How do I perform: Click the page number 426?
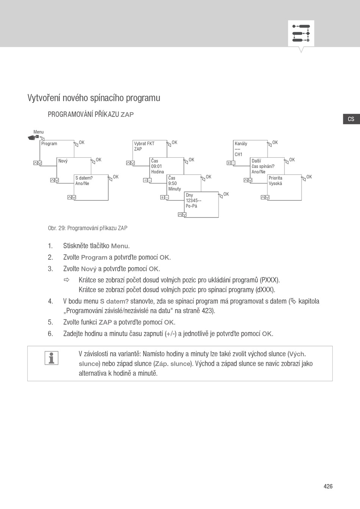(x=328, y=486)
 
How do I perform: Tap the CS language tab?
(x=351, y=119)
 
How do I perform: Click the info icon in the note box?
(x=52, y=358)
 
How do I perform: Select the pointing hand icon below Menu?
(x=34, y=137)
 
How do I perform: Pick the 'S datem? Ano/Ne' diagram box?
(x=91, y=187)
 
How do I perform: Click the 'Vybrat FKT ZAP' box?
(x=149, y=149)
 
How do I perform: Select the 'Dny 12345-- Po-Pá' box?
(x=201, y=205)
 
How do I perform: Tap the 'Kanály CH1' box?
(x=250, y=149)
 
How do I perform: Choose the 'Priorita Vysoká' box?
(x=284, y=187)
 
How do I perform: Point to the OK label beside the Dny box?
(x=226, y=194)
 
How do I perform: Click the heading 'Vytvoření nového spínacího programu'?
(x=94, y=98)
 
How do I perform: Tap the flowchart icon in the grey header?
(x=301, y=33)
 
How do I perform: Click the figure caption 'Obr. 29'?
(x=88, y=228)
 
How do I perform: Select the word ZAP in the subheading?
(x=127, y=114)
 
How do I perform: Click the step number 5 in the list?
(x=50, y=322)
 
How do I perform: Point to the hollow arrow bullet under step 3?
(x=67, y=280)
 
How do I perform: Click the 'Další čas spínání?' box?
(x=267, y=166)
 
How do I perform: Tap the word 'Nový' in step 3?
(x=89, y=269)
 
